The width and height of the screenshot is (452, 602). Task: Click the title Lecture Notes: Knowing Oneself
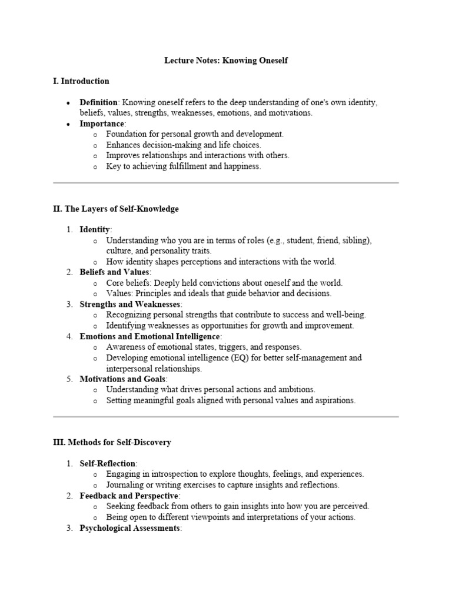[x=226, y=61]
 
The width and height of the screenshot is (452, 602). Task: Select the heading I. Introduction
[x=81, y=81]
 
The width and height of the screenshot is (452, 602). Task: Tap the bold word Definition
[x=98, y=102]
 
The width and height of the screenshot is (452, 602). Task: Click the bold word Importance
[x=102, y=123]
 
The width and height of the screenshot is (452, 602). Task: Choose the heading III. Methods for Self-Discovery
[x=112, y=442]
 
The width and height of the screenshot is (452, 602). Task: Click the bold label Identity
[x=95, y=229]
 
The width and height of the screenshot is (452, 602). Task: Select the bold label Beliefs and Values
[x=115, y=272]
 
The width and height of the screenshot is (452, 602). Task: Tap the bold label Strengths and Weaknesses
[x=131, y=304]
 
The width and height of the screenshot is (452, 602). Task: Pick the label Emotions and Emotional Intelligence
[x=150, y=336]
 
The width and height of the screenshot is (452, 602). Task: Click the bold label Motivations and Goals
[x=123, y=379]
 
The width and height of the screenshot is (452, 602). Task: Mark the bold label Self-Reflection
[x=108, y=463]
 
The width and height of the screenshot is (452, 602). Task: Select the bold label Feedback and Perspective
[x=129, y=496]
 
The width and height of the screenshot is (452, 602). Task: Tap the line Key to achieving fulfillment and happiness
[x=183, y=166]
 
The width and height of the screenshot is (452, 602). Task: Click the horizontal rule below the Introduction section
[x=226, y=183]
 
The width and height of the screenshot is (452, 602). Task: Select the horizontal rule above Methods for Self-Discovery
[x=226, y=417]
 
